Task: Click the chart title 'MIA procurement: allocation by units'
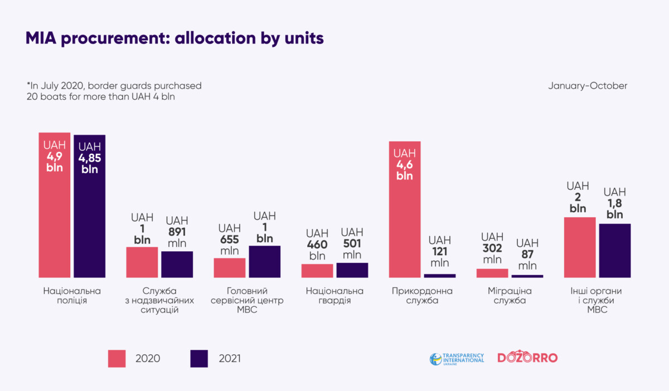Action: point(174,38)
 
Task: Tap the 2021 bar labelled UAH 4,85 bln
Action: point(90,206)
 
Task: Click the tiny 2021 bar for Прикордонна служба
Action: point(440,275)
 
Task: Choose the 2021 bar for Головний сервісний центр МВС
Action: point(265,261)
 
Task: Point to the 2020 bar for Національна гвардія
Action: point(317,271)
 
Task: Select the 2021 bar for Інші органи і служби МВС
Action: point(615,251)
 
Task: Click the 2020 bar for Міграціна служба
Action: point(492,273)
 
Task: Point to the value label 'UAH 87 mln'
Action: point(527,255)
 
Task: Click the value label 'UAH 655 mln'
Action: point(229,240)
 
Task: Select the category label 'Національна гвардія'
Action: point(334,296)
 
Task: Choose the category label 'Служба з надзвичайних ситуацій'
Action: point(160,300)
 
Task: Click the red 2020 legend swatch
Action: point(118,358)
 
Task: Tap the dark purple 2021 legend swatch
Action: point(199,358)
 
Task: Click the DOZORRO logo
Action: point(527,358)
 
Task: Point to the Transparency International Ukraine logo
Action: point(457,358)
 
